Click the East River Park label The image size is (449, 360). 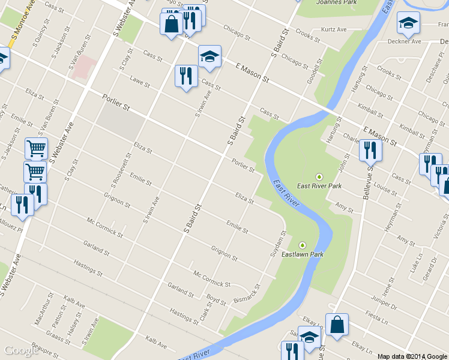pyautogui.click(x=319, y=186)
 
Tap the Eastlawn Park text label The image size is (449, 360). pyautogui.click(x=303, y=254)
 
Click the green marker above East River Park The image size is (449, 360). pyautogui.click(x=319, y=176)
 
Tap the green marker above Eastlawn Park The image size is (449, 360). pyautogui.click(x=302, y=245)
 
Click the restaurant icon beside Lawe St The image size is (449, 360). pyautogui.click(x=185, y=77)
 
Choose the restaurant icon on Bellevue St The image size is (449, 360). pyautogui.click(x=370, y=151)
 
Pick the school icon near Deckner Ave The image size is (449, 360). pyautogui.click(x=408, y=24)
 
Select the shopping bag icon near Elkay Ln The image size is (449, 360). pyautogui.click(x=337, y=325)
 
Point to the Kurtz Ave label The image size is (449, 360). pyautogui.click(x=334, y=29)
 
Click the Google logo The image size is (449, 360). pyautogui.click(x=21, y=350)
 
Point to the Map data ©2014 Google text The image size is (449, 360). pyautogui.click(x=412, y=356)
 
